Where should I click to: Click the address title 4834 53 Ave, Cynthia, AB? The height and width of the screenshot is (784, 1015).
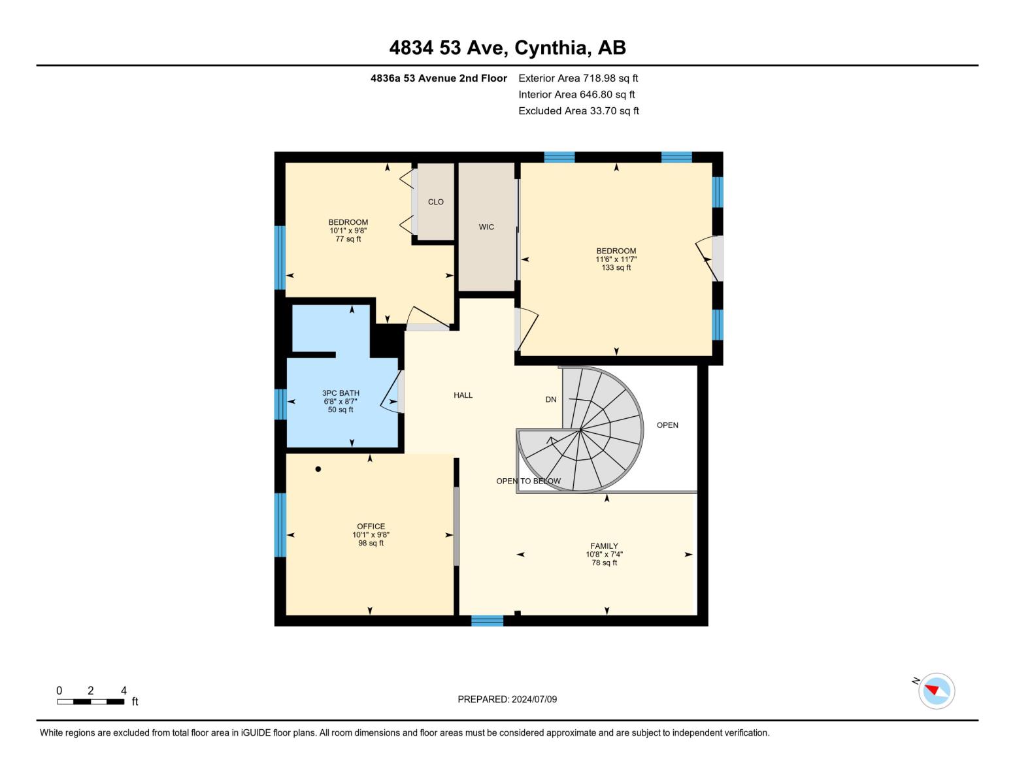click(x=507, y=48)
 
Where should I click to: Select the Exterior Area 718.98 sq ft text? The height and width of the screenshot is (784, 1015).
click(x=578, y=78)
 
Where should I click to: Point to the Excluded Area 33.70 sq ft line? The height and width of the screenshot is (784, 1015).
click(x=578, y=111)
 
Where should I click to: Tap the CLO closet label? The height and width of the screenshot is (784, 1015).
click(x=436, y=202)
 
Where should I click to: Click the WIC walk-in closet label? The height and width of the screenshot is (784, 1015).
click(x=486, y=227)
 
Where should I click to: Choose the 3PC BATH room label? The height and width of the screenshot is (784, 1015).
click(x=341, y=393)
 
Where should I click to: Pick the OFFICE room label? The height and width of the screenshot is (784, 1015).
click(x=371, y=527)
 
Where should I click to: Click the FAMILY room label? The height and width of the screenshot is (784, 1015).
click(x=604, y=546)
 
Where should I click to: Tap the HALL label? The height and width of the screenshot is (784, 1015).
click(x=463, y=395)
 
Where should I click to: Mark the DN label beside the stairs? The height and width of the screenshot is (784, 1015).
click(x=551, y=400)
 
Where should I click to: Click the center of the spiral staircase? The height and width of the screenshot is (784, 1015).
click(x=580, y=430)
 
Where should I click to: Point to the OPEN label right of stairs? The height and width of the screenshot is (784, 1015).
click(x=667, y=425)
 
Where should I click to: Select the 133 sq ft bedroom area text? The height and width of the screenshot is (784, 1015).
click(x=616, y=268)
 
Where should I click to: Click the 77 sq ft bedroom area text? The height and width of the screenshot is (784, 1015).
click(x=348, y=239)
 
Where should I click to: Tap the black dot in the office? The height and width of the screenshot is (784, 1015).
click(x=318, y=469)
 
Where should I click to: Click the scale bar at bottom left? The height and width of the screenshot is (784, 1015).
click(x=90, y=702)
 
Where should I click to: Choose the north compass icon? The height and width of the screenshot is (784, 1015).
click(x=937, y=691)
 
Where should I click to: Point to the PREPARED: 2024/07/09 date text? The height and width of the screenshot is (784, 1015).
click(x=507, y=700)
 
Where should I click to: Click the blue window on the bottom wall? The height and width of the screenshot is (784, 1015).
click(x=488, y=621)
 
